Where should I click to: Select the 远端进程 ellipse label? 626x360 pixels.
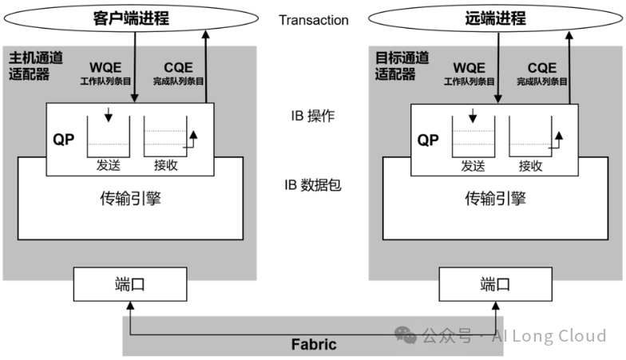pos(497,17)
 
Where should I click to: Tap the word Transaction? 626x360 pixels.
pos(314,20)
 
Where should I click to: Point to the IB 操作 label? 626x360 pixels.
pos(313,117)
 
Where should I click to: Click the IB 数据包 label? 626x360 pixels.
pos(313,185)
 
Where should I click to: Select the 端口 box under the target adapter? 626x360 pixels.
pos(497,284)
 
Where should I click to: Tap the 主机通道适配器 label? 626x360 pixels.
pos(30,66)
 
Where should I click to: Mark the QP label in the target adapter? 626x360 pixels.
pos(429,140)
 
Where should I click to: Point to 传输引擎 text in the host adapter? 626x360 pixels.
pos(130,199)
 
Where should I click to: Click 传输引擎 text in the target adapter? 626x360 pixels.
pos(496,199)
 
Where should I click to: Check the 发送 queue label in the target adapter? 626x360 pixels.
pos(473,166)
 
